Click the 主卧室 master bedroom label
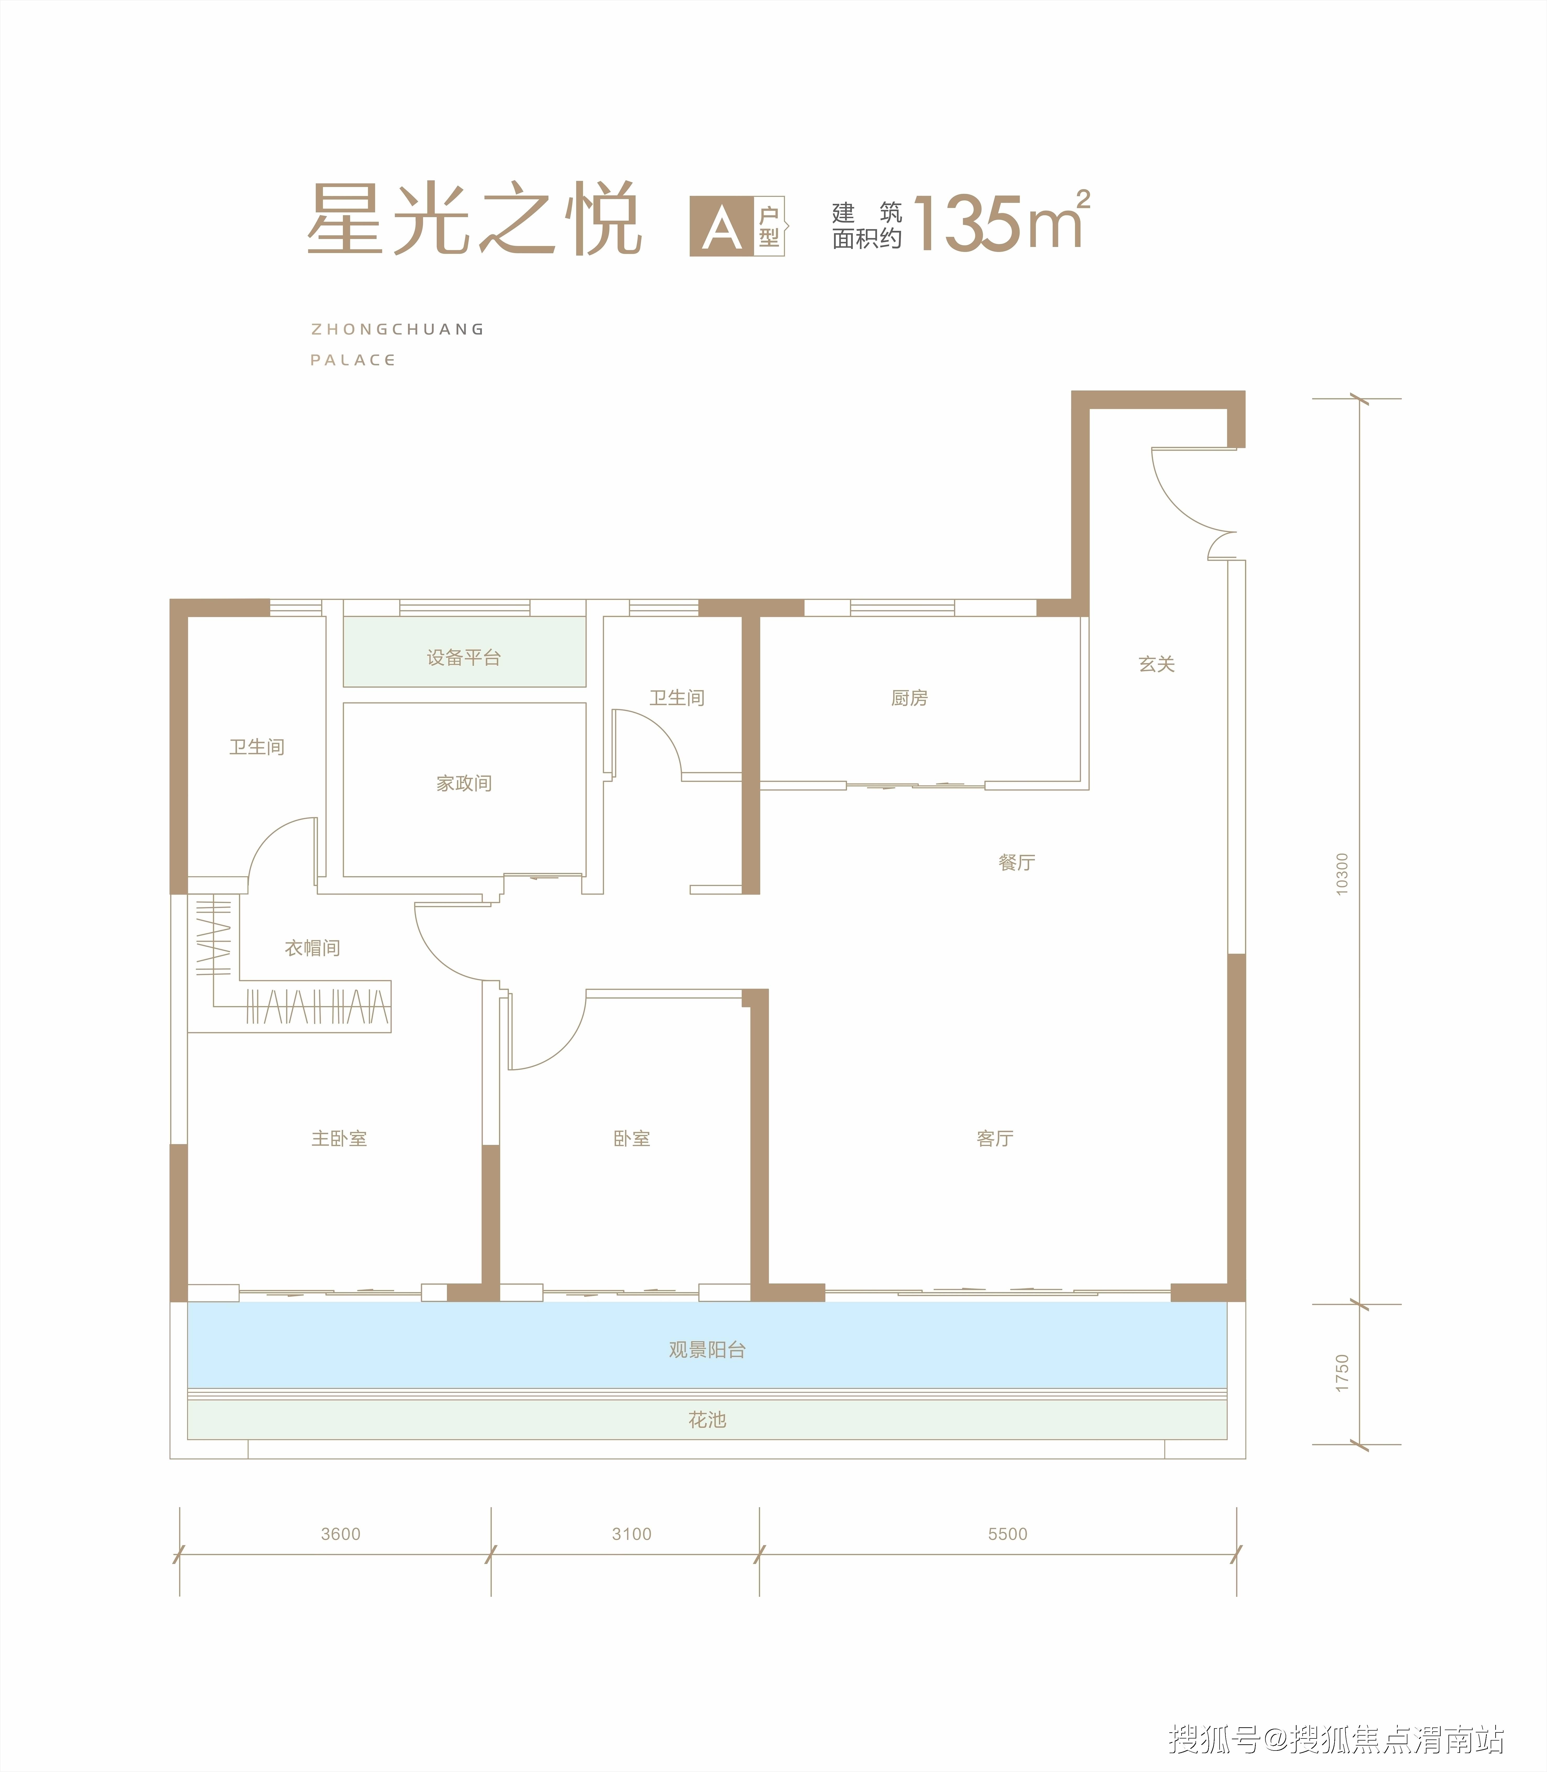(339, 1138)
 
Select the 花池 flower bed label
(707, 1420)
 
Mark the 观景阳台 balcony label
(707, 1350)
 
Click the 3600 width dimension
(340, 1534)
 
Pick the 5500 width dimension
(1007, 1534)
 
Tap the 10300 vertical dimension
(1342, 874)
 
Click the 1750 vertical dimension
(1342, 1373)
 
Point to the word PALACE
(352, 360)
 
